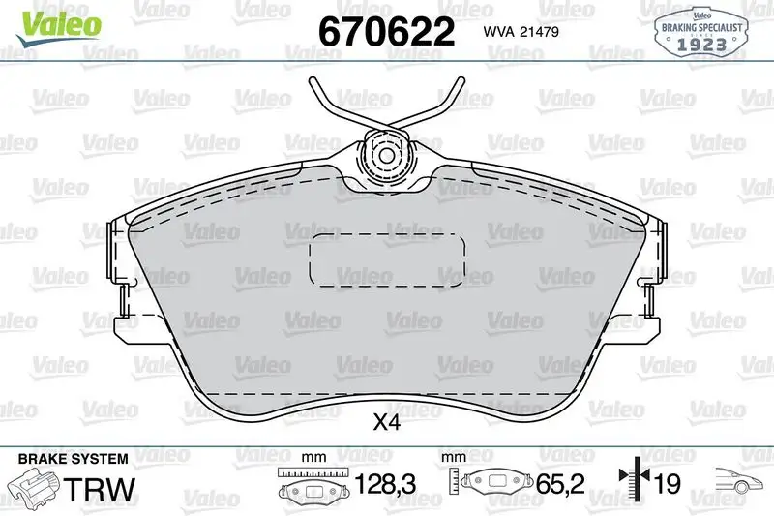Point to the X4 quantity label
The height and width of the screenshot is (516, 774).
[x=386, y=422]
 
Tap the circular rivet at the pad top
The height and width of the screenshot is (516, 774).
[x=385, y=155]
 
